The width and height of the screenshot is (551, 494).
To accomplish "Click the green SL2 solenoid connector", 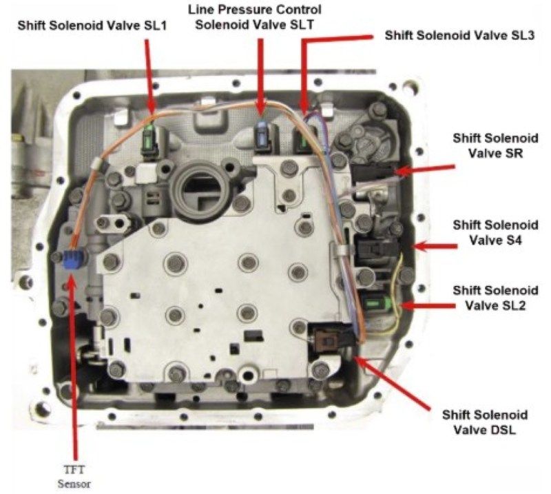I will click(x=375, y=302).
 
